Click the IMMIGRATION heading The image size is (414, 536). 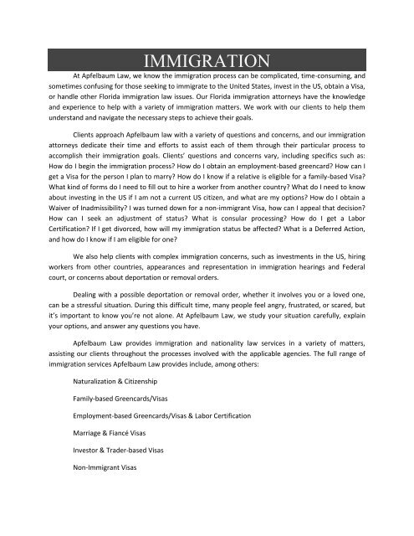point(207,59)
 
